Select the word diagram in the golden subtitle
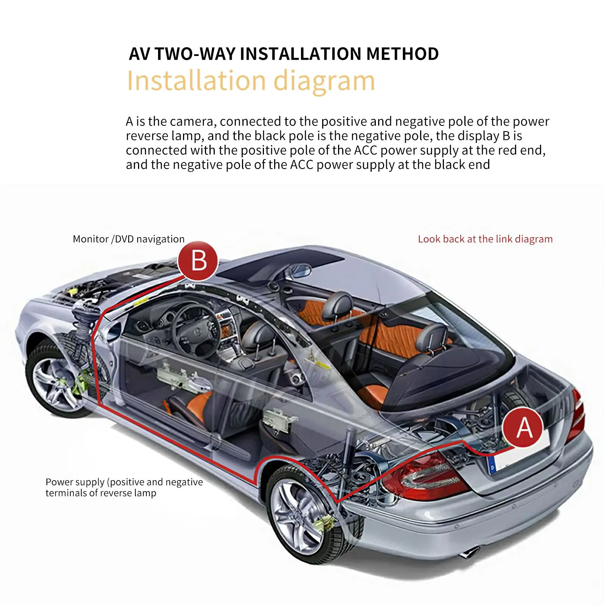(x=324, y=82)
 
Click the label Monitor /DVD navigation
(x=129, y=239)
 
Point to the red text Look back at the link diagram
(x=485, y=239)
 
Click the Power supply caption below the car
(x=124, y=487)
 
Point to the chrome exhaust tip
(x=470, y=552)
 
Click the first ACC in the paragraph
(x=366, y=150)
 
